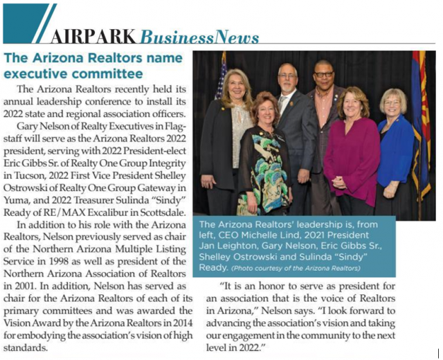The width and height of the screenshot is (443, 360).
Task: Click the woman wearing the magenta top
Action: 352,152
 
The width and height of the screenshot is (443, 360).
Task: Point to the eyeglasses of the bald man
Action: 323,74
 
